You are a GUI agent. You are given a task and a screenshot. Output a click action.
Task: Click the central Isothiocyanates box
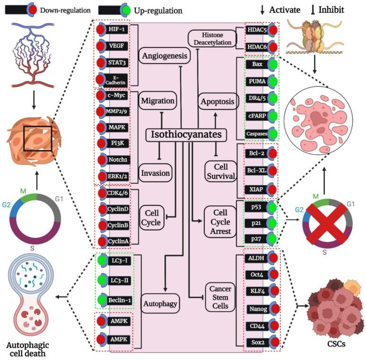pyautogui.click(x=186, y=135)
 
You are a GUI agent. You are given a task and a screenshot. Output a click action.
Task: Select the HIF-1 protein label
pyautogui.click(x=116, y=29)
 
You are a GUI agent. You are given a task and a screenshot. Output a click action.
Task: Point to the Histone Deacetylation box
pyautogui.click(x=212, y=38)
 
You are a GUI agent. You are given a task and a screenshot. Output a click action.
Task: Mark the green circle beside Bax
pyautogui.click(x=273, y=64)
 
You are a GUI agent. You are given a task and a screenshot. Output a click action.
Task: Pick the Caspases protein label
pyautogui.click(x=255, y=134)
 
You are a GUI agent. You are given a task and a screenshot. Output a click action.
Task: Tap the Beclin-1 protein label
pyautogui.click(x=120, y=299)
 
